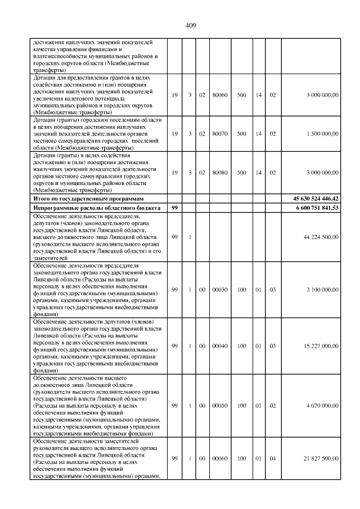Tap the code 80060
tap(220, 95)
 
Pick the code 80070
tap(220, 134)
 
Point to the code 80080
tap(220, 173)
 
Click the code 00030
tap(220, 289)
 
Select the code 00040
tap(220, 345)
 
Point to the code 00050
tap(220, 405)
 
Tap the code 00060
tap(220, 458)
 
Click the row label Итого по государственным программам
tap(88, 199)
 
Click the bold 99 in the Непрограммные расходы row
tap(174, 208)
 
